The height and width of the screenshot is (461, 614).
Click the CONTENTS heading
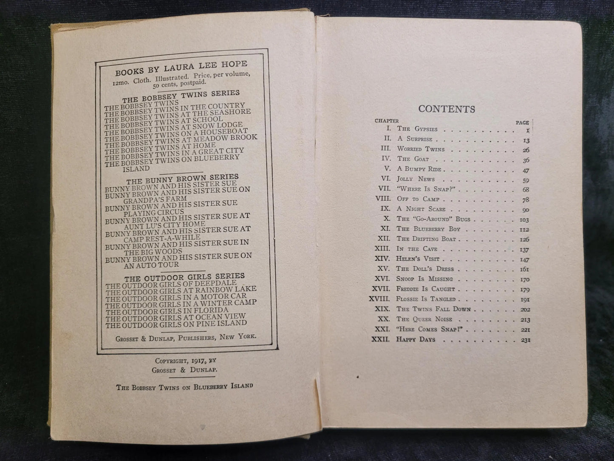(446, 109)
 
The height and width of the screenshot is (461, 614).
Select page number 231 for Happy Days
(525, 340)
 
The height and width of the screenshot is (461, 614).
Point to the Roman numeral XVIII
(380, 299)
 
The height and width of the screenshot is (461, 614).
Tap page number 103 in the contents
(524, 219)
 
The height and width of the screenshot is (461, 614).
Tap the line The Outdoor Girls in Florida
(167, 310)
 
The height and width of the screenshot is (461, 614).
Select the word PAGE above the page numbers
(522, 122)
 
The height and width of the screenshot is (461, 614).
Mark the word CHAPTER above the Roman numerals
(387, 121)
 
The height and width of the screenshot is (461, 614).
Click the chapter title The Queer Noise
(424, 319)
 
